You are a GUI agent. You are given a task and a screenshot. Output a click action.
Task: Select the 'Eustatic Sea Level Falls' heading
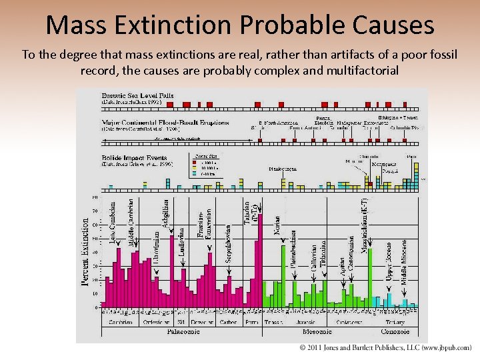[137, 96]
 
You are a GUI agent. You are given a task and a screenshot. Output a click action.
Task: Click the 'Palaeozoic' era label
[181, 331]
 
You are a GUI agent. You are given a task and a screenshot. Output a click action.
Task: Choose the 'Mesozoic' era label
[317, 331]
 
